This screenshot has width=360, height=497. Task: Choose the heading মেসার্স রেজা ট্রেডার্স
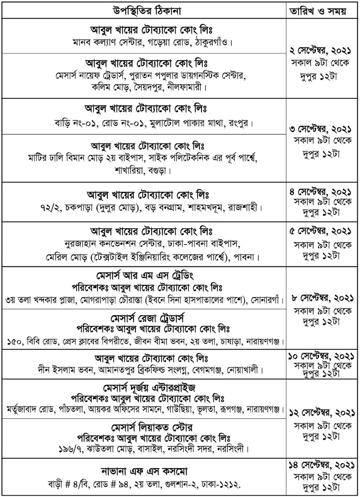[144, 319]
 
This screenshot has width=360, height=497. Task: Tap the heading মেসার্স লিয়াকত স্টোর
[144, 427]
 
